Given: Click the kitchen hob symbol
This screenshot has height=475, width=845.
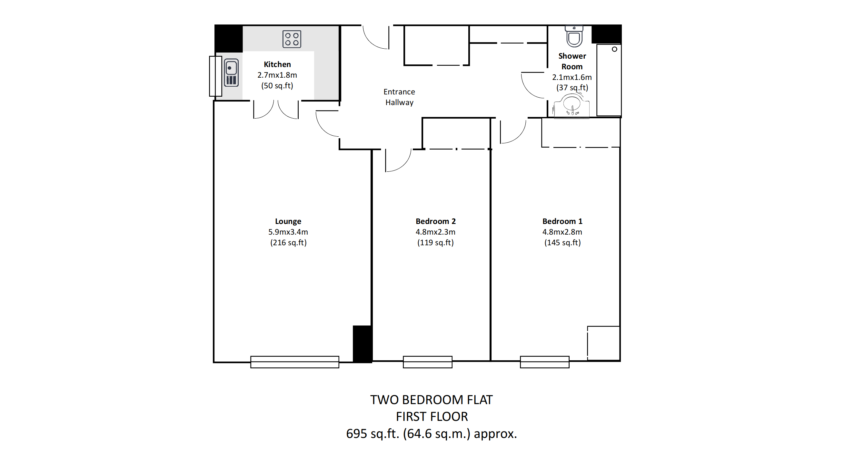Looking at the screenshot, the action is pyautogui.click(x=292, y=39).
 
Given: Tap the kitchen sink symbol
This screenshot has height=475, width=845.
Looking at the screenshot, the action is pyautogui.click(x=231, y=73).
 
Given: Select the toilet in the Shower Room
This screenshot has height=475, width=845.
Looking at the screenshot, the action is pyautogui.click(x=574, y=36).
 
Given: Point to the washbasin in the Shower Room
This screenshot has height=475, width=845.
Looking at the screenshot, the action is pyautogui.click(x=572, y=106).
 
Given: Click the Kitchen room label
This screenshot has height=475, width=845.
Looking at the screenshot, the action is pyautogui.click(x=277, y=64).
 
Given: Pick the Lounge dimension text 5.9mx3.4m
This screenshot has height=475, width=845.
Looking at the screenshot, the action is pyautogui.click(x=288, y=232).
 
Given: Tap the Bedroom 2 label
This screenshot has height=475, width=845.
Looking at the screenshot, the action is pyautogui.click(x=436, y=221).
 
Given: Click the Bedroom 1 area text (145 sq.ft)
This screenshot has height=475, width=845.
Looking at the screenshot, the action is pyautogui.click(x=562, y=243).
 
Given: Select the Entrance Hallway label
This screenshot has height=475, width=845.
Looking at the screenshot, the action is pyautogui.click(x=399, y=97).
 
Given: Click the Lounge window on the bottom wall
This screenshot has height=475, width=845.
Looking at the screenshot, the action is pyautogui.click(x=294, y=362).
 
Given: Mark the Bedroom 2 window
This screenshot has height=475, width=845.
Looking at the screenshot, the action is pyautogui.click(x=427, y=362).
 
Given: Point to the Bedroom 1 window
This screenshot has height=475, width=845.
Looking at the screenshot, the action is pyautogui.click(x=544, y=362).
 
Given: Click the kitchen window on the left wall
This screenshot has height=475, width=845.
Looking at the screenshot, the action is pyautogui.click(x=215, y=76).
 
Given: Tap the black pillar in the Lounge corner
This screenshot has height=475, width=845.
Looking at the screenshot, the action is pyautogui.click(x=362, y=344).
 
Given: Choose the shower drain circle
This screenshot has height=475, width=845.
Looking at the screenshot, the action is pyautogui.click(x=614, y=49).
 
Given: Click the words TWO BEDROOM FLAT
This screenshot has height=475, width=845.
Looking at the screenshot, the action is pyautogui.click(x=431, y=400).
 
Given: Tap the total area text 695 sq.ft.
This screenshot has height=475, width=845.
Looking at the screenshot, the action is pyautogui.click(x=373, y=434).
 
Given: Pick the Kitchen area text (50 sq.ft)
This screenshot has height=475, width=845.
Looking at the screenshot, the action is pyautogui.click(x=277, y=86).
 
